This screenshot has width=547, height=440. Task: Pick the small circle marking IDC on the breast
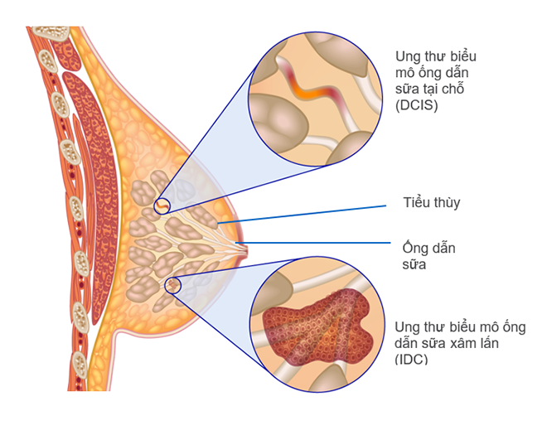pos(173,285)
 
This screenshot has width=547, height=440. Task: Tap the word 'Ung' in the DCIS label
pos(408,56)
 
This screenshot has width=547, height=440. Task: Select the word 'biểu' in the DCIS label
pos(463,56)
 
